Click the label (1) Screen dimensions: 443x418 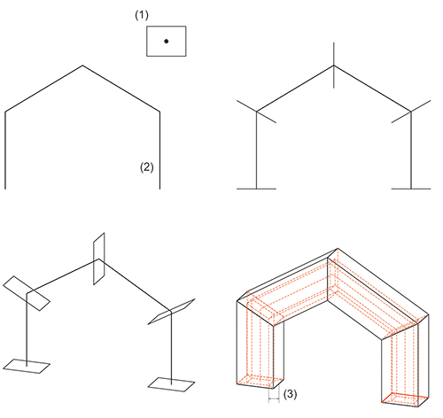click(142, 15)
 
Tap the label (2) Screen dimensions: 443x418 click(147, 167)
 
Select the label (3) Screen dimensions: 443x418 click(290, 394)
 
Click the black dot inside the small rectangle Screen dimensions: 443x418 click(167, 42)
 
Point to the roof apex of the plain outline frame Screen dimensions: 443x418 click(82, 66)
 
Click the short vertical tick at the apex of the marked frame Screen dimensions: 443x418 click(334, 65)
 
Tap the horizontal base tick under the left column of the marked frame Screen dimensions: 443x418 click(256, 189)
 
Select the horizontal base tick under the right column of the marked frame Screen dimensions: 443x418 click(411, 189)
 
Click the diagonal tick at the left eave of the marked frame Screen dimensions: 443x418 click(256, 112)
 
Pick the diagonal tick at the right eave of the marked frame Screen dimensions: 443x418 click(411, 112)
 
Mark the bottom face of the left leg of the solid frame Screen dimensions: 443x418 click(260, 382)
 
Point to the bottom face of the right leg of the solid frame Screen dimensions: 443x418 click(405, 399)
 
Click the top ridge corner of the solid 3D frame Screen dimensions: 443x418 click(338, 249)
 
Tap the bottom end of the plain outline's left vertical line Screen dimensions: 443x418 click(5, 189)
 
